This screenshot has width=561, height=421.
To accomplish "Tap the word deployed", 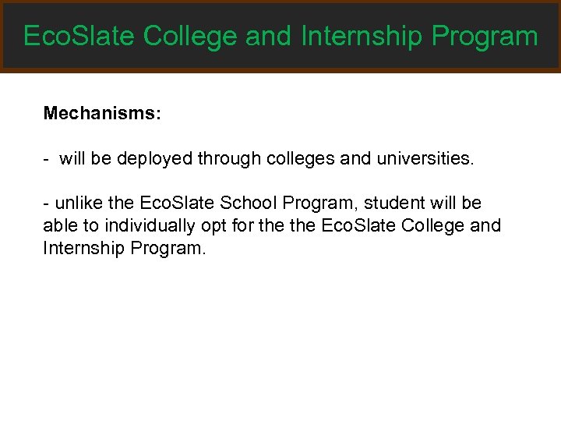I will point(154,159).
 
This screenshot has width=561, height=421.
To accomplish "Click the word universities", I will point(418,159).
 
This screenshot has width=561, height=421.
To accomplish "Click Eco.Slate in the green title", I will point(79,36).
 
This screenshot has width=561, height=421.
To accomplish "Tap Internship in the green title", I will point(362,36).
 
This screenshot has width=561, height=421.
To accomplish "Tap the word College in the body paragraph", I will point(436,226).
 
